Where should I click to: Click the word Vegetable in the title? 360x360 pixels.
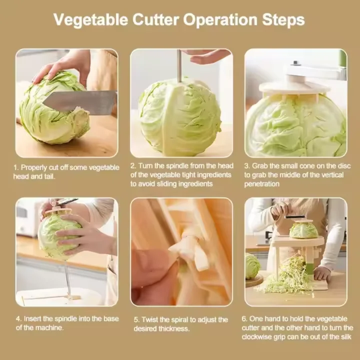[x=90, y=20]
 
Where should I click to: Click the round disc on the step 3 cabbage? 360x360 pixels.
[x=295, y=87]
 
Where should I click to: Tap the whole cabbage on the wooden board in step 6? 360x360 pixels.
[x=252, y=266]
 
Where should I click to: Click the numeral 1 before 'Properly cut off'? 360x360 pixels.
[x=15, y=168]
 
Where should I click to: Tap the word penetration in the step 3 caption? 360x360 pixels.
[x=262, y=184]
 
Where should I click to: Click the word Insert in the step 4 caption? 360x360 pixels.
[x=32, y=319]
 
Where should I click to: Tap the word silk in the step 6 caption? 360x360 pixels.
[x=345, y=337]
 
